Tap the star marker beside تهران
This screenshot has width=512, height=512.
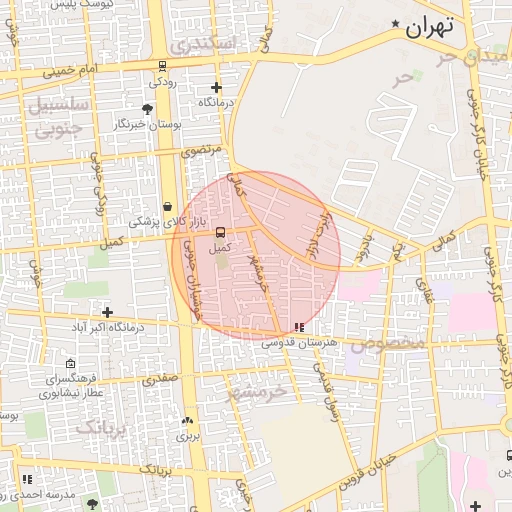pyautogui.click(x=396, y=24)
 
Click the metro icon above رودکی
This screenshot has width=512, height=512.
pyautogui.click(x=162, y=67)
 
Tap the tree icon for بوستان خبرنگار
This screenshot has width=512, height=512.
pyautogui.click(x=148, y=107)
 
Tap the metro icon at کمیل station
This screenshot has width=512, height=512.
pyautogui.click(x=219, y=231)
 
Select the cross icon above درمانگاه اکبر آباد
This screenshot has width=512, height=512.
pyautogui.click(x=108, y=312)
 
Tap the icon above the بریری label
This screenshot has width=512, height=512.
pyautogui.click(x=187, y=421)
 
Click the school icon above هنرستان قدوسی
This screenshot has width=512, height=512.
pyautogui.click(x=300, y=327)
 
